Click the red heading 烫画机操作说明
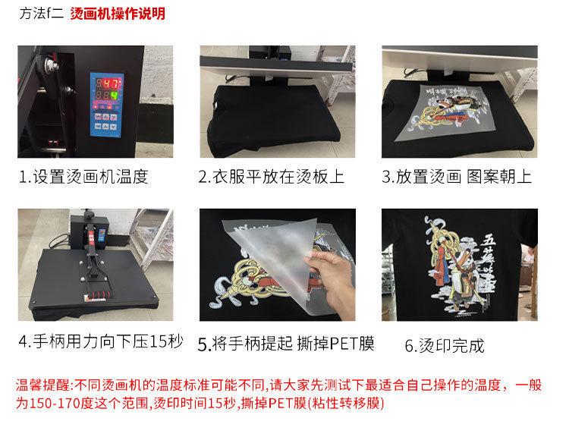tap(117, 14)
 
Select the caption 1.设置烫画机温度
tap(83, 177)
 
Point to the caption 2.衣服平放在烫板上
tap(271, 177)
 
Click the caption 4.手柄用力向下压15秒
tap(100, 341)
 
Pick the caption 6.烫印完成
tap(444, 346)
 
